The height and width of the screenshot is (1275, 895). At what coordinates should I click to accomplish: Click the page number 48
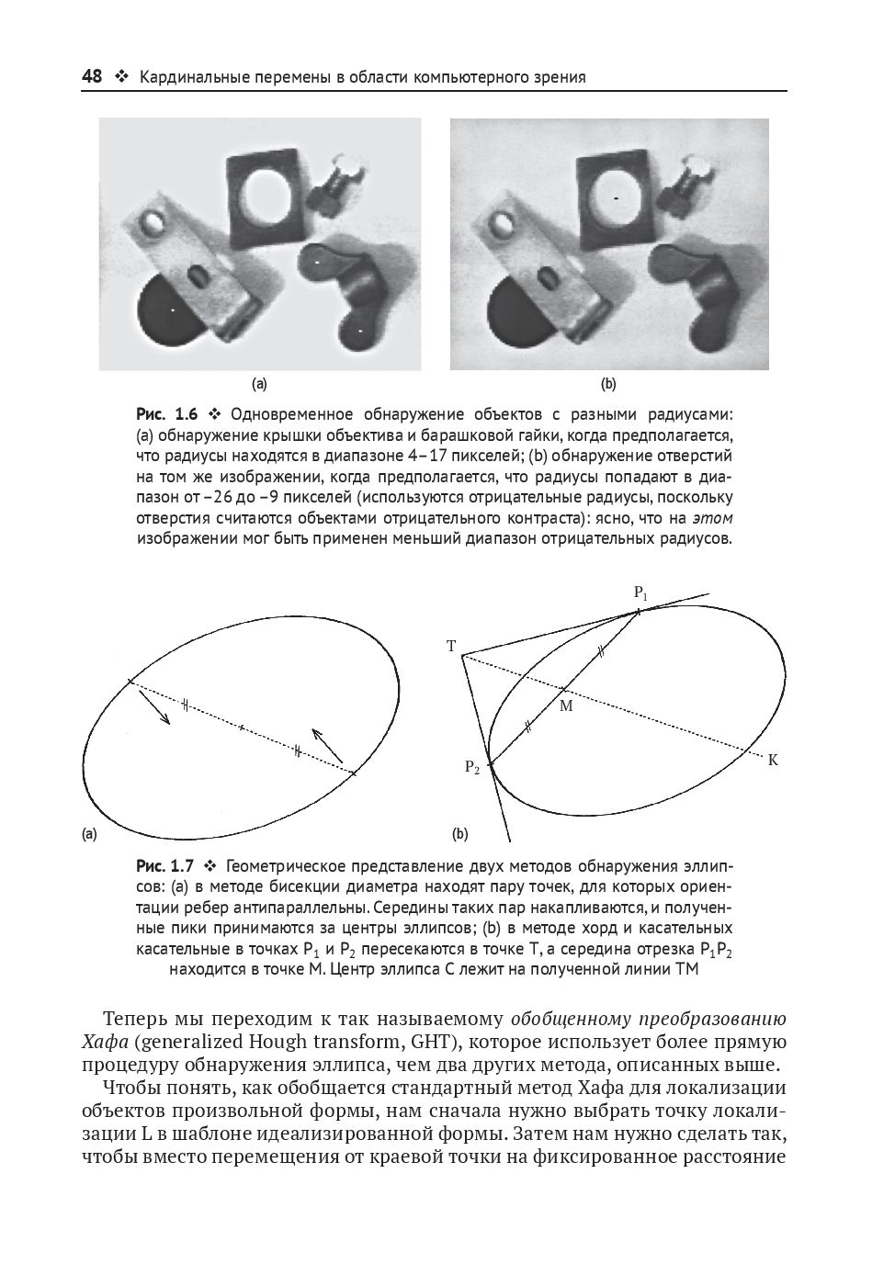pyautogui.click(x=92, y=77)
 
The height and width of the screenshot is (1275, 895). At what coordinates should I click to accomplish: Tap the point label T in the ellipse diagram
pyautogui.click(x=451, y=647)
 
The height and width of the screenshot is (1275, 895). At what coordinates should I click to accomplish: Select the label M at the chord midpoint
pyautogui.click(x=566, y=705)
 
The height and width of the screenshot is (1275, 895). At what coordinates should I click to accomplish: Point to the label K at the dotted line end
pyautogui.click(x=773, y=760)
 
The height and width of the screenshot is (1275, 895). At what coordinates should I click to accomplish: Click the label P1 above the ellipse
pyautogui.click(x=640, y=593)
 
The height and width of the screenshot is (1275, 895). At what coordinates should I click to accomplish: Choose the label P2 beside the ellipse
pyautogui.click(x=471, y=768)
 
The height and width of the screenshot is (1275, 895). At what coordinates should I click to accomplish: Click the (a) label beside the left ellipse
pyautogui.click(x=88, y=834)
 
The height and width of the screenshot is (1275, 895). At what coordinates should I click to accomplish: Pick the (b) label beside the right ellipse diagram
pyautogui.click(x=459, y=834)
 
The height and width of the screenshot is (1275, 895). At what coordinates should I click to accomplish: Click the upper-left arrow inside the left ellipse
pyautogui.click(x=154, y=706)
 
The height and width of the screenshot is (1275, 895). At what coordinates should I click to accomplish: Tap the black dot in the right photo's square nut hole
pyautogui.click(x=617, y=197)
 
